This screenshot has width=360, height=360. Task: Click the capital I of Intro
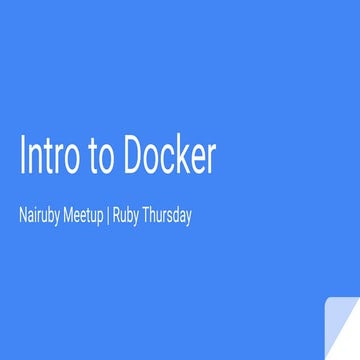22,156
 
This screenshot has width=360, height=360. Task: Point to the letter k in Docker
181,155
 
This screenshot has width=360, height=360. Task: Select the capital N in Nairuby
23,214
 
